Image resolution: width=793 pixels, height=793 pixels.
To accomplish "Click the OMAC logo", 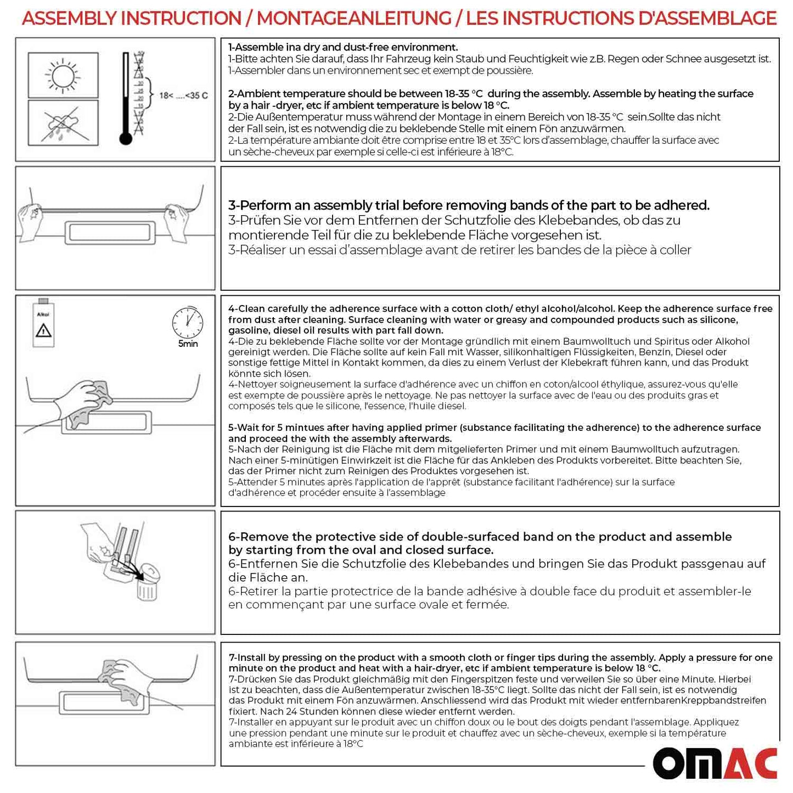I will (x=715, y=763).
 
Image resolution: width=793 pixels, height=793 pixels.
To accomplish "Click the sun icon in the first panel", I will (x=63, y=75).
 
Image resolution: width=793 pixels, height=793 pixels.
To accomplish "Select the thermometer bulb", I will (x=126, y=138).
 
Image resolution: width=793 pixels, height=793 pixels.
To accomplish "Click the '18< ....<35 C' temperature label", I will (x=183, y=95).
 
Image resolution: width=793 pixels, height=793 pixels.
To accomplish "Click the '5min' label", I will (x=188, y=344).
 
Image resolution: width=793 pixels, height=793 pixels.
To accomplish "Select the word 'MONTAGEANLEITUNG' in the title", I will (x=353, y=18).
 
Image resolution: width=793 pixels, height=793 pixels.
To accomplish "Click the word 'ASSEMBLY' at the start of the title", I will (x=69, y=18).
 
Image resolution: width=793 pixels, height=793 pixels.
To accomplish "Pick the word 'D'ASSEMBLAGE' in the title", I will (x=707, y=18).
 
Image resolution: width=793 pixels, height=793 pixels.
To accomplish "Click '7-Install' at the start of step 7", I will (x=249, y=657).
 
